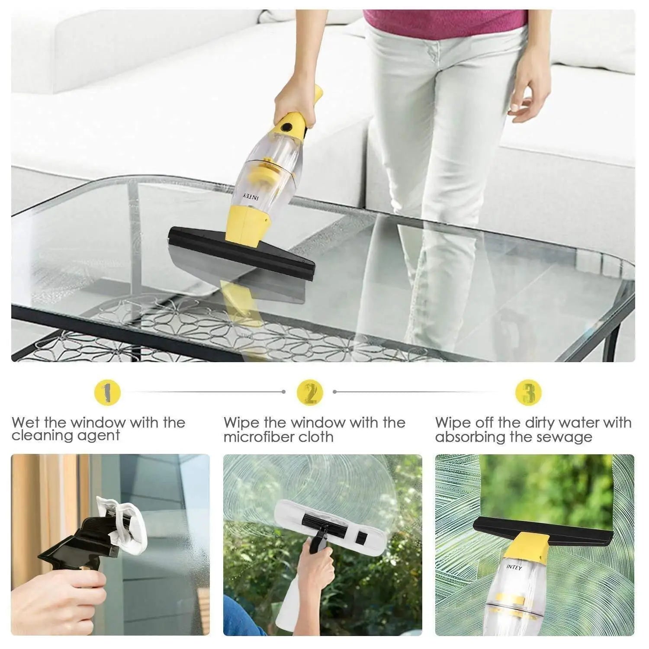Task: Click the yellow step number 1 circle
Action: pos(107,392)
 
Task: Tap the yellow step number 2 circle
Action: pos(310,392)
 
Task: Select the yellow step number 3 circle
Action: pos(529,392)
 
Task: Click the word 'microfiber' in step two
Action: pos(261,437)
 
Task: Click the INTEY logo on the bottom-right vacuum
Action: pos(514,566)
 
